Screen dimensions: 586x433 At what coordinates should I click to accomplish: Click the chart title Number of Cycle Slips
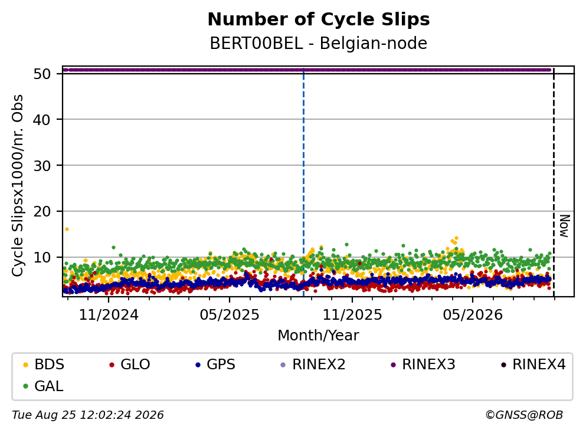[x=319, y=19]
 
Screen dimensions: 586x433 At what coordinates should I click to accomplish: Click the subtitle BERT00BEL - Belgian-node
[x=319, y=43]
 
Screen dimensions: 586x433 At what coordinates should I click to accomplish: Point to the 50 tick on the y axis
[x=42, y=74]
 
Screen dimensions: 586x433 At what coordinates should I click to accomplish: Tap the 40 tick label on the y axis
[x=42, y=120]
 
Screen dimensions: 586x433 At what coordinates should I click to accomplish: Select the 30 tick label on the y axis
[x=42, y=166]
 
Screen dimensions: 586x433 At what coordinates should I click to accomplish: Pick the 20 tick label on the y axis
[x=42, y=212]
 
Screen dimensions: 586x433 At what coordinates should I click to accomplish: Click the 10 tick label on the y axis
[x=42, y=258]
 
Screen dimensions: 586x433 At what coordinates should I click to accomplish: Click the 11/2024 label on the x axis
[x=109, y=315]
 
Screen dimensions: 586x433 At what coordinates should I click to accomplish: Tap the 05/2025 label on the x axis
[x=230, y=315]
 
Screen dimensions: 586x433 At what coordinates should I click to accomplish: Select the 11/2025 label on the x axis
[x=352, y=315]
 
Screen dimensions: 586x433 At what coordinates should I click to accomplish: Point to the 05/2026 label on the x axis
[x=473, y=315]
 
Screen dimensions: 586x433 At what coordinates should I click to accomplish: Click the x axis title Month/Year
[x=319, y=336]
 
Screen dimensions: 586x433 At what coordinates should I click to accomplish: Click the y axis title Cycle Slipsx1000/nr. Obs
[x=17, y=185]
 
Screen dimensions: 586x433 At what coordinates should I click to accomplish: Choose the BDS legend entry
[x=43, y=364]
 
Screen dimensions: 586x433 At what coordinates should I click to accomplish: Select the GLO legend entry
[x=129, y=364]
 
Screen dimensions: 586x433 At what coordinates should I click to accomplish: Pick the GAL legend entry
[x=43, y=386]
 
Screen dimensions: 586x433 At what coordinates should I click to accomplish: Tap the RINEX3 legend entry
[x=423, y=364]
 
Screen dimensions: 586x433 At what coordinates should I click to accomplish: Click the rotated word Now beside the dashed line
[x=564, y=226]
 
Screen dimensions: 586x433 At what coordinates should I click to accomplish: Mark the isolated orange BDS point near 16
[x=67, y=229]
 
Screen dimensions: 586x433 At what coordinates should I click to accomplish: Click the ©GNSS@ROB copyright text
[x=524, y=415]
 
